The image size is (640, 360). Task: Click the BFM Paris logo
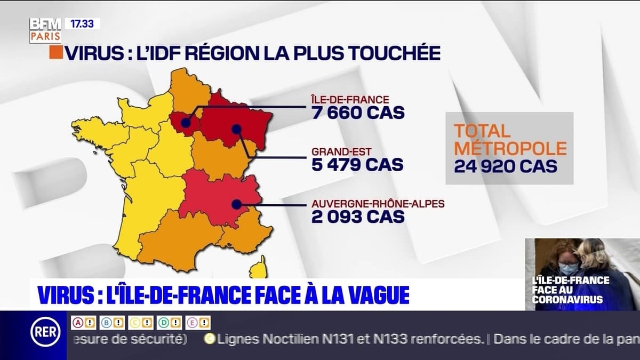pos(45,30)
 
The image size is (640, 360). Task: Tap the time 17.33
pos(82,23)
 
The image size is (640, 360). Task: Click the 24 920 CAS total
pos(506,166)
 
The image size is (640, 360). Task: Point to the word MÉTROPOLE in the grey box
pos(510,148)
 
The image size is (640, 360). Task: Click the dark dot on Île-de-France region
pos(185,123)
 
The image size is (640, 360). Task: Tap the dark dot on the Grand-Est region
pos(236,128)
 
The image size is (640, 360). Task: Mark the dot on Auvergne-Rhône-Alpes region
pos(236,203)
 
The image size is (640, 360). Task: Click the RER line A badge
pos(78,323)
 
